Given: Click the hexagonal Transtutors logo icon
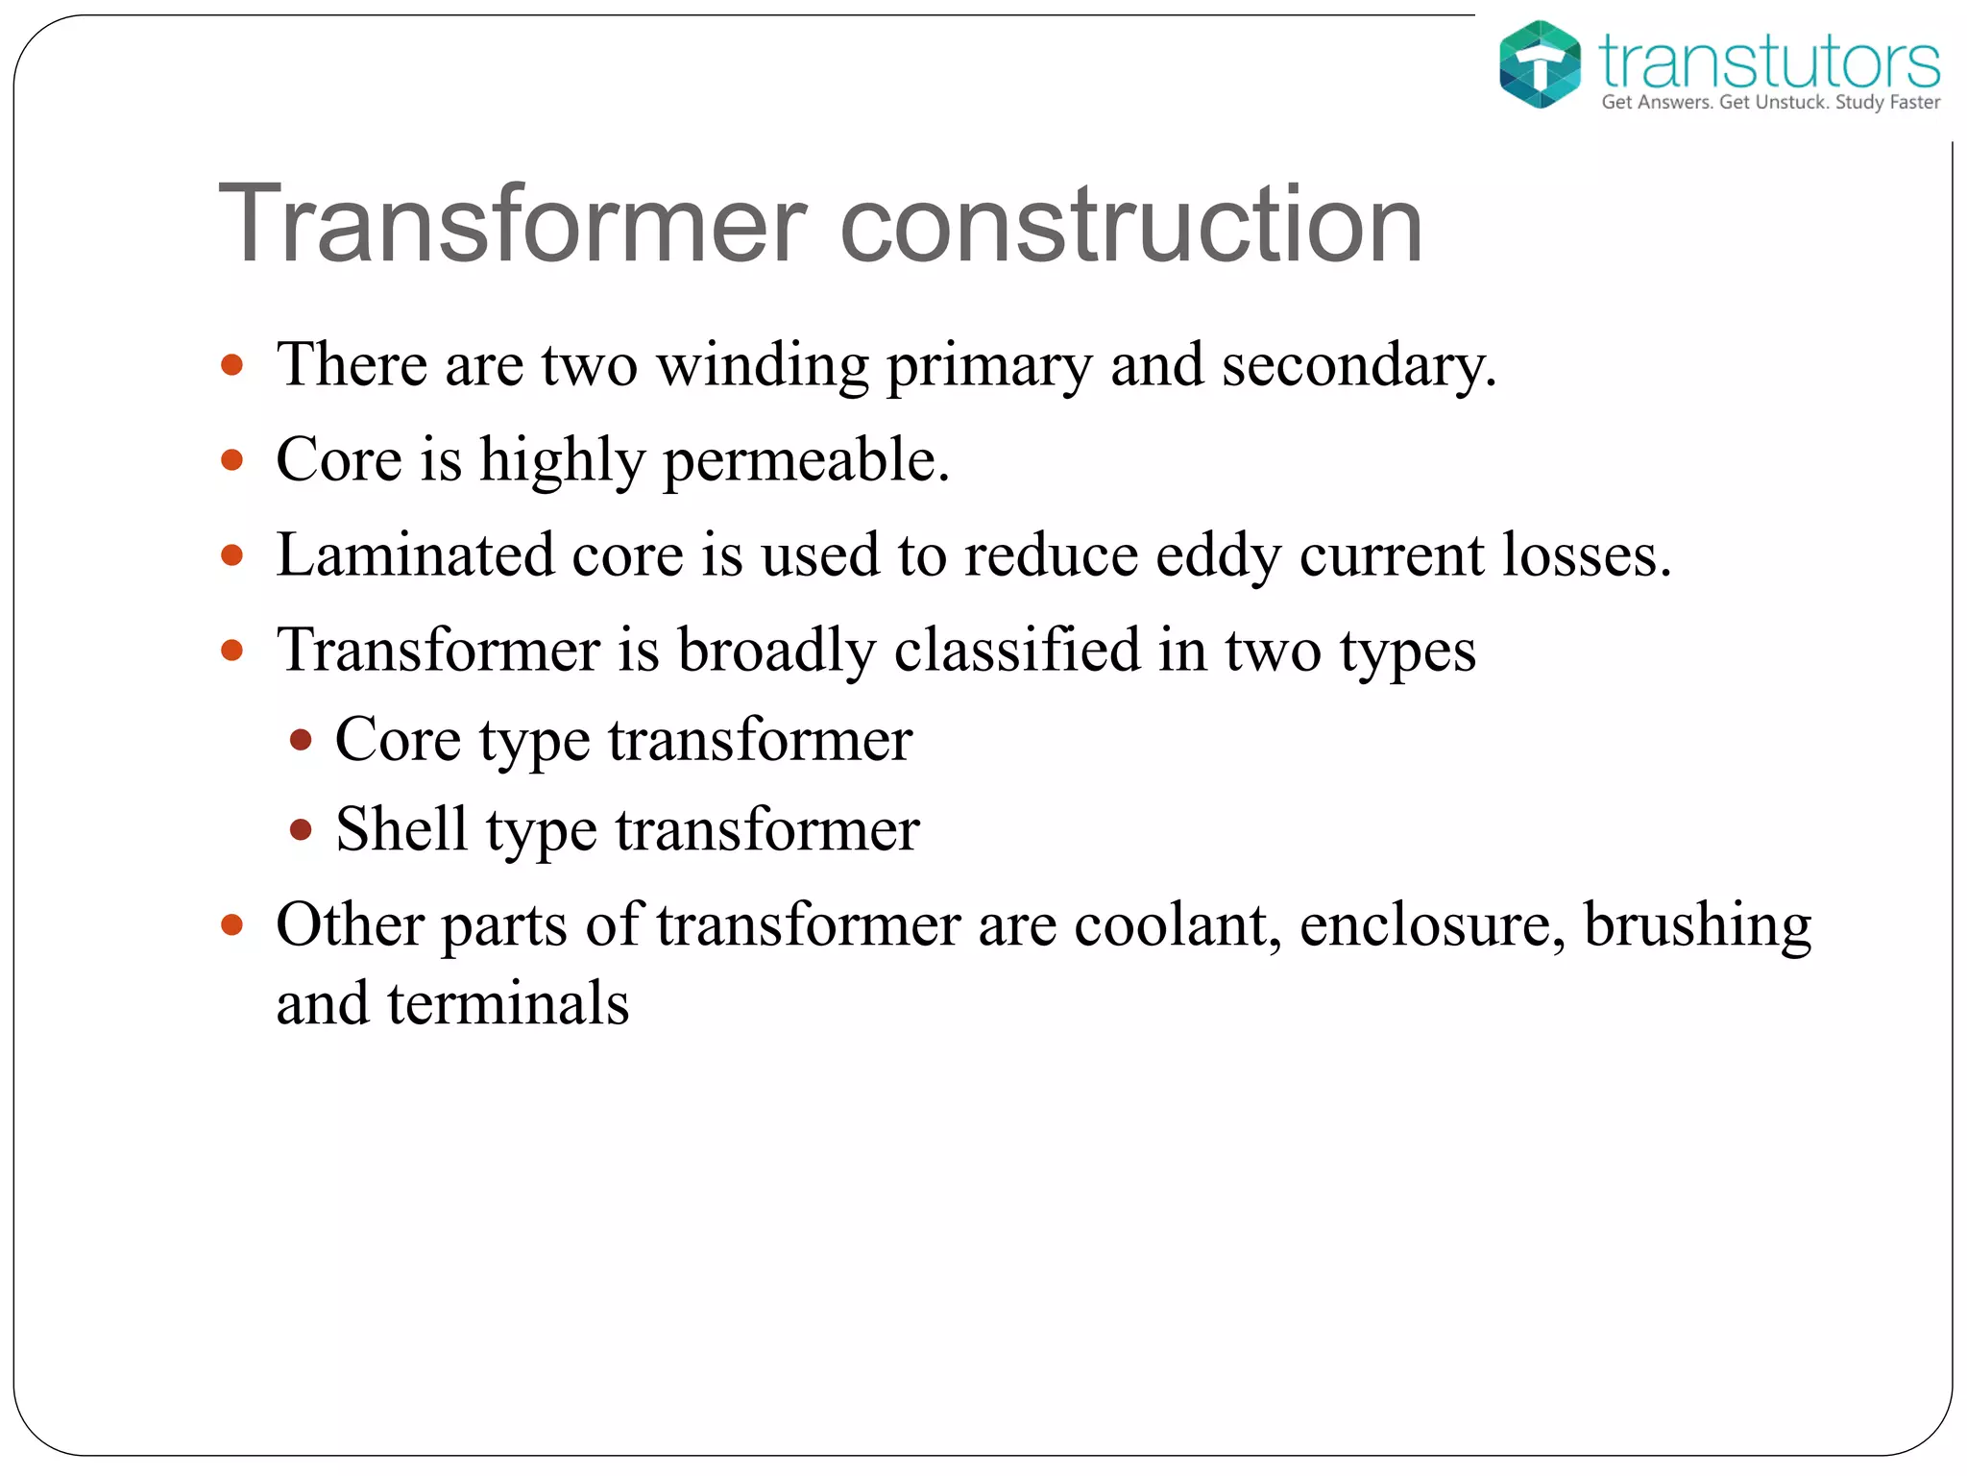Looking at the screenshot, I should (x=1540, y=63).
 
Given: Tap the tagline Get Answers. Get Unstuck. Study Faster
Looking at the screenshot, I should (x=1770, y=103).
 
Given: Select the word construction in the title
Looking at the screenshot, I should (x=1130, y=224).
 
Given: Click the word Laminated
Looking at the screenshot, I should (x=415, y=555).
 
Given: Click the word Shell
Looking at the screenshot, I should (x=401, y=828).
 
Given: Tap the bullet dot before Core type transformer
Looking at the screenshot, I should (x=301, y=740).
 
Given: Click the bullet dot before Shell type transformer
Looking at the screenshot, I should (x=301, y=829).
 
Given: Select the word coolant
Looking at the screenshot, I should (x=1177, y=925).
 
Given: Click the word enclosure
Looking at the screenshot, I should (x=1430, y=925).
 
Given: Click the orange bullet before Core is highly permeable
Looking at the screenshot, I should (x=231, y=460).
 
